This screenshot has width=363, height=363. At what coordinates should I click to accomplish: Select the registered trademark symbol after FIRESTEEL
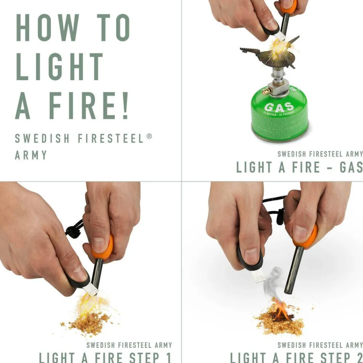(x=149, y=136)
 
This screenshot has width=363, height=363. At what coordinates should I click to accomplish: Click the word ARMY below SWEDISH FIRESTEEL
(x=31, y=155)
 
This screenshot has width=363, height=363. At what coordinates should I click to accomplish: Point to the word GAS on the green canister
(x=279, y=107)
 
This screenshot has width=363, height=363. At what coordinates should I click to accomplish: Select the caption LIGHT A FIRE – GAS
(x=299, y=167)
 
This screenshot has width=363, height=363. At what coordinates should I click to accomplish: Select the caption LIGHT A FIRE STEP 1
(x=105, y=357)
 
